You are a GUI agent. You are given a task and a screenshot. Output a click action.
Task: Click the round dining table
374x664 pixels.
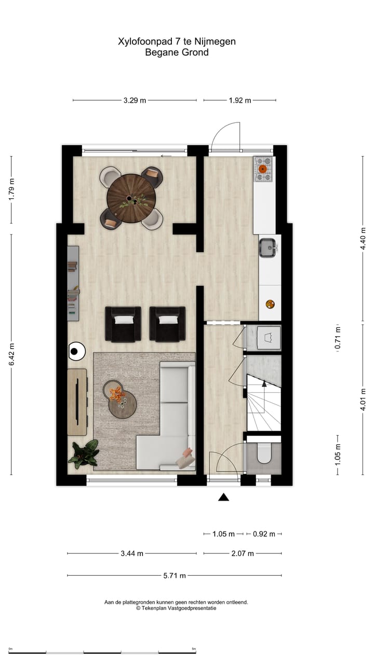pyautogui.click(x=131, y=198)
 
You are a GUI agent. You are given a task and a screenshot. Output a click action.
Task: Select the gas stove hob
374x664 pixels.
pyautogui.click(x=263, y=169)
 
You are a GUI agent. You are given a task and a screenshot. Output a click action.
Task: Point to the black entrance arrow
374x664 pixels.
pyautogui.click(x=223, y=497)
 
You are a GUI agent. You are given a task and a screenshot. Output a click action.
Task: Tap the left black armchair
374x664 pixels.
pyautogui.click(x=123, y=324)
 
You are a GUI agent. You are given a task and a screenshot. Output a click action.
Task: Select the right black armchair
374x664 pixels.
pyautogui.click(x=167, y=324)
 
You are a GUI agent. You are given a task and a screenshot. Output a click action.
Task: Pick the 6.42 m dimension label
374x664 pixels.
pyautogui.click(x=11, y=354)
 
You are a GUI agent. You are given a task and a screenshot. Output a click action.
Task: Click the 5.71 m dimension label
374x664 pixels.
pyautogui.click(x=175, y=575)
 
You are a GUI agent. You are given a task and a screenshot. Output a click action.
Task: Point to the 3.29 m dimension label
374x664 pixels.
pyautogui.click(x=135, y=101)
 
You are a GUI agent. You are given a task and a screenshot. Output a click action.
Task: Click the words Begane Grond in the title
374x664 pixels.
pyautogui.click(x=177, y=52)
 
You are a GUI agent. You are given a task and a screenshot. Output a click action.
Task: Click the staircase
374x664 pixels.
pyautogui.click(x=263, y=402)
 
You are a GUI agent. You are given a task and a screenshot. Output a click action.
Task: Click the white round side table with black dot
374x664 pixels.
pyautogui.click(x=76, y=351)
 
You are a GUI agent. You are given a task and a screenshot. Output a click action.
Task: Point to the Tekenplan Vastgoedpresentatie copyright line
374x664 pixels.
pyautogui.click(x=176, y=608)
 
